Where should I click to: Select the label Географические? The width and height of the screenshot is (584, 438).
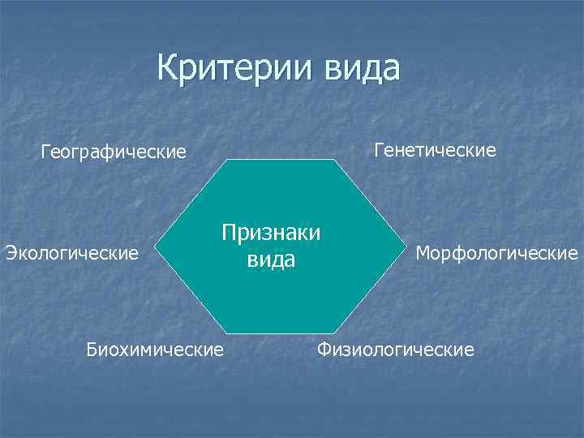click(x=114, y=152)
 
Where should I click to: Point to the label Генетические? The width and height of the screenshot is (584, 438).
click(x=435, y=150)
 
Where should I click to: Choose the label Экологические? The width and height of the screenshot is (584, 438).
click(x=72, y=253)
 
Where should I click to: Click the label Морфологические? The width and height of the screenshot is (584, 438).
click(x=496, y=253)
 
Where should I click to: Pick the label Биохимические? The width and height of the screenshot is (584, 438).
click(x=155, y=350)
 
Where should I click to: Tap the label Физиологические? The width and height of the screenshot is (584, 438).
click(x=396, y=350)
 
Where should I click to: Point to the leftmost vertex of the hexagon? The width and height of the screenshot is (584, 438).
click(x=155, y=247)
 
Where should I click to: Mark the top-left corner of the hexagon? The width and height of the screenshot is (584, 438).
click(x=226, y=160)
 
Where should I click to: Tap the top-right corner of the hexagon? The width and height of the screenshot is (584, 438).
click(x=333, y=160)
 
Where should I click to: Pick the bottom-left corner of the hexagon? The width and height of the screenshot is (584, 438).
click(x=226, y=333)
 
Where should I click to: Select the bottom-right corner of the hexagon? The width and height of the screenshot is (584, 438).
click(x=333, y=333)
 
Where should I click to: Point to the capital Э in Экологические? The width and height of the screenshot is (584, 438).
click(x=11, y=253)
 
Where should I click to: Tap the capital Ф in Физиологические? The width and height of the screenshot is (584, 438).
click(x=324, y=350)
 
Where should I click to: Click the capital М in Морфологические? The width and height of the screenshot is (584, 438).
click(x=423, y=253)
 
